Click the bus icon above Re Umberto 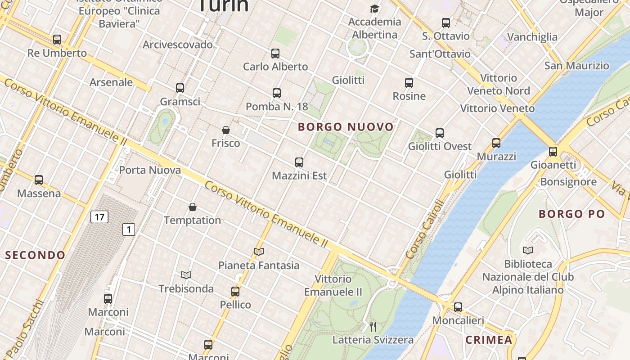pos(57,40)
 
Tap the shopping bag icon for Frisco pos(226,130)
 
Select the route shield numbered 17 pos(99,217)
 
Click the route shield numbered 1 pos(129,229)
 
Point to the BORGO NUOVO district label pos(346,127)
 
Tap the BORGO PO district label pos(571,214)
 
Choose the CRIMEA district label pos(489,340)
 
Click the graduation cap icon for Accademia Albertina pos(374,9)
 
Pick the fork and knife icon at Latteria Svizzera pos(373,326)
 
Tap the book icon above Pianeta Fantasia pos(259,252)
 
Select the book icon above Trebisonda pos(186,275)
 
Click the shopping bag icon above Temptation pos(193,207)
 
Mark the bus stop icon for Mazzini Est pos(299,162)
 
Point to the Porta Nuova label pos(150,170)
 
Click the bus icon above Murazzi pos(496,143)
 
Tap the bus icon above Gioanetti pos(553,152)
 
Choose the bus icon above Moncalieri pos(458,307)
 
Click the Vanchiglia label pos(532,37)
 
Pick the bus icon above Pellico pos(235,292)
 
